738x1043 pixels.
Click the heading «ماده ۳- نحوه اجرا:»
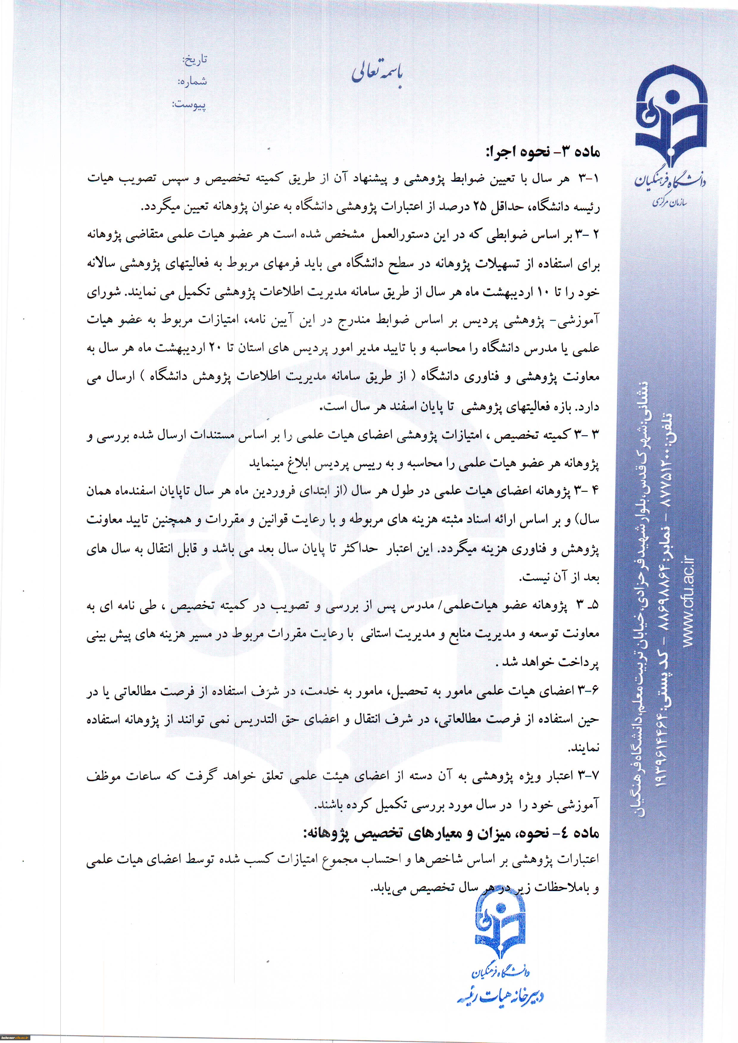point(543,152)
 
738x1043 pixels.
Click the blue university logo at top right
point(671,120)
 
